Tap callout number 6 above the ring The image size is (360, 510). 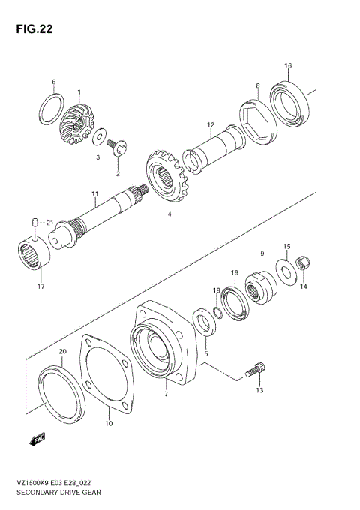tap(53, 82)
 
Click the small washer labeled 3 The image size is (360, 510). tap(99, 136)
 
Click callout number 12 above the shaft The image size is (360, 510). tap(211, 124)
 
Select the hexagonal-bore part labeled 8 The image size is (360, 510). tap(258, 119)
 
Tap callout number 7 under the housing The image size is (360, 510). tap(166, 393)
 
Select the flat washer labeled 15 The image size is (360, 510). tap(286, 270)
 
